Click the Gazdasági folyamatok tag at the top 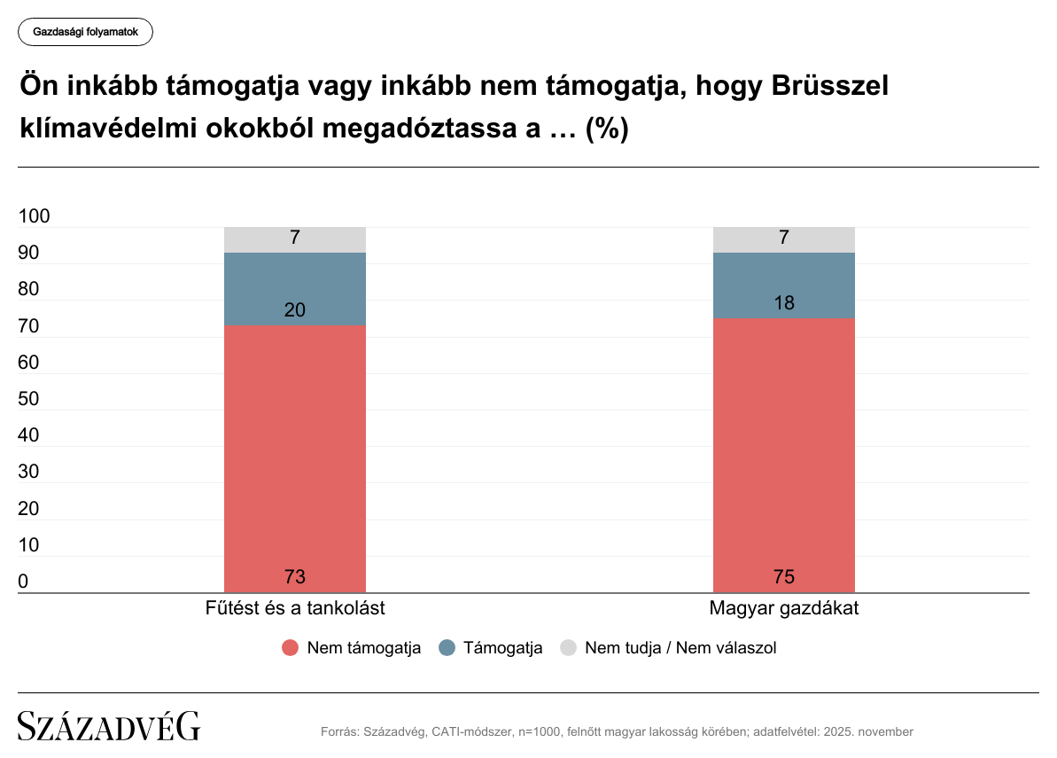[85, 32]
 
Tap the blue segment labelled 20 [295, 289]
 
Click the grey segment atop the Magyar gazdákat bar [784, 239]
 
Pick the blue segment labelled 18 [784, 285]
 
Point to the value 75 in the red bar [784, 577]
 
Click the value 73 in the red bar [295, 577]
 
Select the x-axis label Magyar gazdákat [784, 609]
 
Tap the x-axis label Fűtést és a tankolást [295, 609]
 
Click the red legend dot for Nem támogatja [291, 648]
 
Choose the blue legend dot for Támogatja [447, 648]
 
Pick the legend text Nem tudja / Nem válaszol [680, 648]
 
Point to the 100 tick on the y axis [35, 217]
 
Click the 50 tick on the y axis [29, 400]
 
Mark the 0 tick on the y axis [24, 582]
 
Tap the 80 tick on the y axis [29, 290]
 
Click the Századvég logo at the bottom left [109, 726]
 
